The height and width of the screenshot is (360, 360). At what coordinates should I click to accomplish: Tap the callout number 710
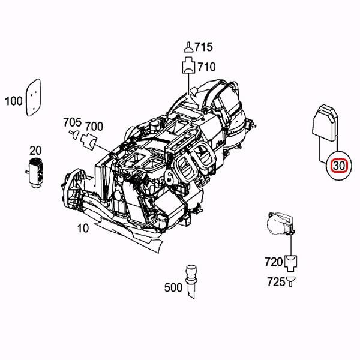pyautogui.click(x=207, y=67)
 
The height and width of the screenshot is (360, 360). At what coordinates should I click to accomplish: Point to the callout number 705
pyautogui.click(x=71, y=122)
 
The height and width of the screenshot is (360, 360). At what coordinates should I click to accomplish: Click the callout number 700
pyautogui.click(x=94, y=126)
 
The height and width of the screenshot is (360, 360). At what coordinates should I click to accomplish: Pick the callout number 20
pyautogui.click(x=35, y=150)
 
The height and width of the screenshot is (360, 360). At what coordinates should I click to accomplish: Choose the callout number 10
pyautogui.click(x=83, y=228)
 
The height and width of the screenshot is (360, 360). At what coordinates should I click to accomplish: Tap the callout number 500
pyautogui.click(x=173, y=287)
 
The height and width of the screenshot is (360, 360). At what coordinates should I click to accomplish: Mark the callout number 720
pyautogui.click(x=273, y=262)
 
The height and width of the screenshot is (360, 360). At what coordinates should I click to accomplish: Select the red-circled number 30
pyautogui.click(x=339, y=165)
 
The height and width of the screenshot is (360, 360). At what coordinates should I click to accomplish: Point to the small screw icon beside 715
pyautogui.click(x=187, y=48)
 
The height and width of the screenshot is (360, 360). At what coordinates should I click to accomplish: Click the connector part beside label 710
pyautogui.click(x=187, y=66)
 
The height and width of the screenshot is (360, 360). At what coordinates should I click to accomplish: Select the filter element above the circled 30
pyautogui.click(x=325, y=126)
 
